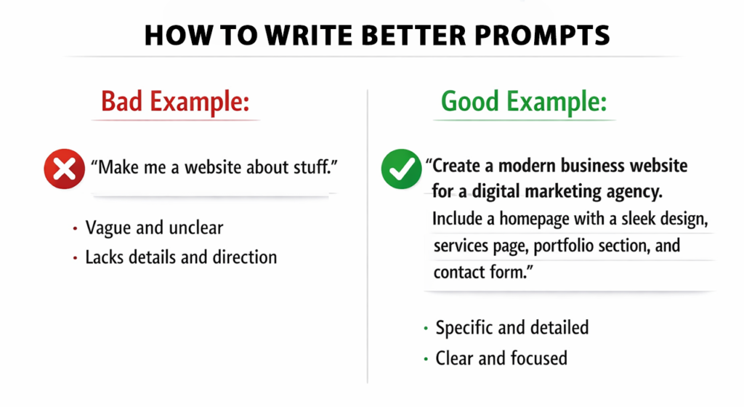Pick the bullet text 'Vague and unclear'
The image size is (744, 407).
(x=154, y=227)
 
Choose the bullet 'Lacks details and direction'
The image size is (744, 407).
(x=181, y=257)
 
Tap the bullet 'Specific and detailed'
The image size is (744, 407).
(x=511, y=328)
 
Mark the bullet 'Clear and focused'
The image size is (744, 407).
(x=501, y=358)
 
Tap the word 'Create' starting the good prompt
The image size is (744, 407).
(x=456, y=166)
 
